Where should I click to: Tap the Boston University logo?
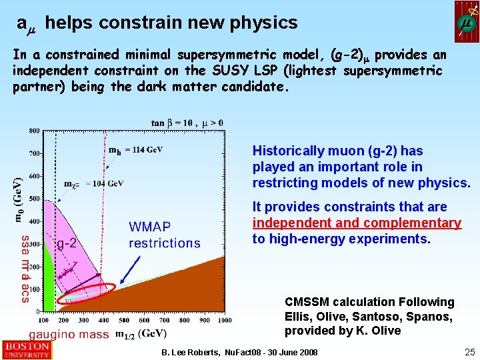point(26,350)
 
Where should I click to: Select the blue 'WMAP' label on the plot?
point(150,228)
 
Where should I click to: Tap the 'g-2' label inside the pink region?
point(66,243)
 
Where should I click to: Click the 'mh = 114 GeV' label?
point(135,150)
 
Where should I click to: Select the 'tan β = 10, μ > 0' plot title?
point(187,123)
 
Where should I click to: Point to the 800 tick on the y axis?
point(33,131)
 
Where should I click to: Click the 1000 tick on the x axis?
point(224,320)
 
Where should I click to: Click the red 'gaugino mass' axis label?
point(69,335)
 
